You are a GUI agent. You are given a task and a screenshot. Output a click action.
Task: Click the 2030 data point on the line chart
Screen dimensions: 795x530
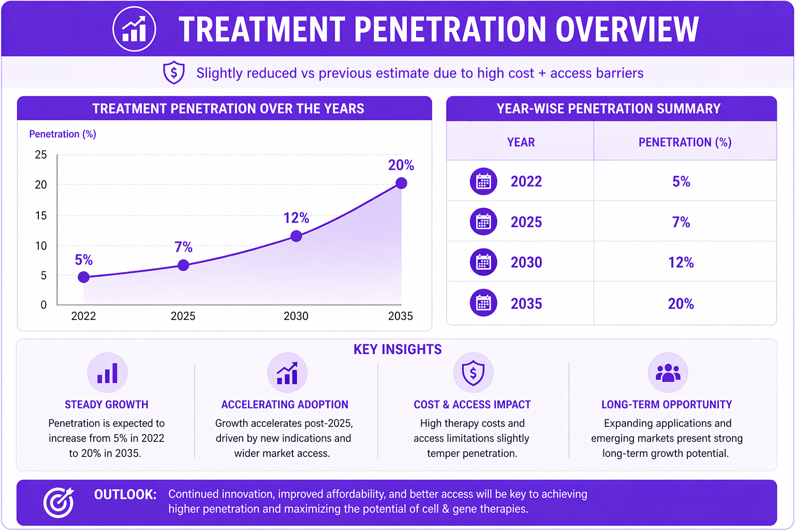[296, 236]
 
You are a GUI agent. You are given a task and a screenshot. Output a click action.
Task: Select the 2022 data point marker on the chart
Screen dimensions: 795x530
[84, 277]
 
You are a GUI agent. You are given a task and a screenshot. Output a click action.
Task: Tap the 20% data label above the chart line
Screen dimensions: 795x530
[401, 165]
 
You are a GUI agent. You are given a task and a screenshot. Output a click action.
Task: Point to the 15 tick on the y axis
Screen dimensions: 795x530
[41, 215]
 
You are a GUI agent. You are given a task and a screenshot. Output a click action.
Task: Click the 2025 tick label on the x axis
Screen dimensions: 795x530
[183, 316]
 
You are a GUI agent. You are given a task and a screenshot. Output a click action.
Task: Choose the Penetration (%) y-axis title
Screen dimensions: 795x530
[63, 134]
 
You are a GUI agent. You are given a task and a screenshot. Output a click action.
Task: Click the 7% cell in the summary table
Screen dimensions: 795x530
[681, 222]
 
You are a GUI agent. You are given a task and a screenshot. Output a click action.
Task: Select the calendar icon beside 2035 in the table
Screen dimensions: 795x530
[483, 303]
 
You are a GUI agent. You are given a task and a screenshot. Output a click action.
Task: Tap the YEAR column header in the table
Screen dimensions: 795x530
[521, 142]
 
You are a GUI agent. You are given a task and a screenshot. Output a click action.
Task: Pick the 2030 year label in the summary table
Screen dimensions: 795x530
[526, 262]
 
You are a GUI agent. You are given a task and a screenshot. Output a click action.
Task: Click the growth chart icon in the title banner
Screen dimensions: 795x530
[134, 29]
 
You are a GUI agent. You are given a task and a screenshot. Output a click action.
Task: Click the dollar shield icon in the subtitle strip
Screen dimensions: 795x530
[173, 72]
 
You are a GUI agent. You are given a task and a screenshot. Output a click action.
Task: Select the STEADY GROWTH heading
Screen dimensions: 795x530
[107, 404]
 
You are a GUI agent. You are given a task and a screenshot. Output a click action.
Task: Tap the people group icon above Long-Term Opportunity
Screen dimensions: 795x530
[668, 373]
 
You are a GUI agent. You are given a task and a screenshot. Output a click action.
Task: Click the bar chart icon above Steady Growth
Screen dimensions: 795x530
[107, 373]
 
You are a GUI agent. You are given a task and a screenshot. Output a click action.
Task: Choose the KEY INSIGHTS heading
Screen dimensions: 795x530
[397, 349]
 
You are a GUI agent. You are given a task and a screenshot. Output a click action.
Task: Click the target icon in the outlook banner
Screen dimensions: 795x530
[59, 502]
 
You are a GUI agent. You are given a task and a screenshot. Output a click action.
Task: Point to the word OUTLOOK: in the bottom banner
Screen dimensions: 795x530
[125, 494]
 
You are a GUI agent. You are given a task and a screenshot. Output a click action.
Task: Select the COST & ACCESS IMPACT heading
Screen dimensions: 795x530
[472, 404]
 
